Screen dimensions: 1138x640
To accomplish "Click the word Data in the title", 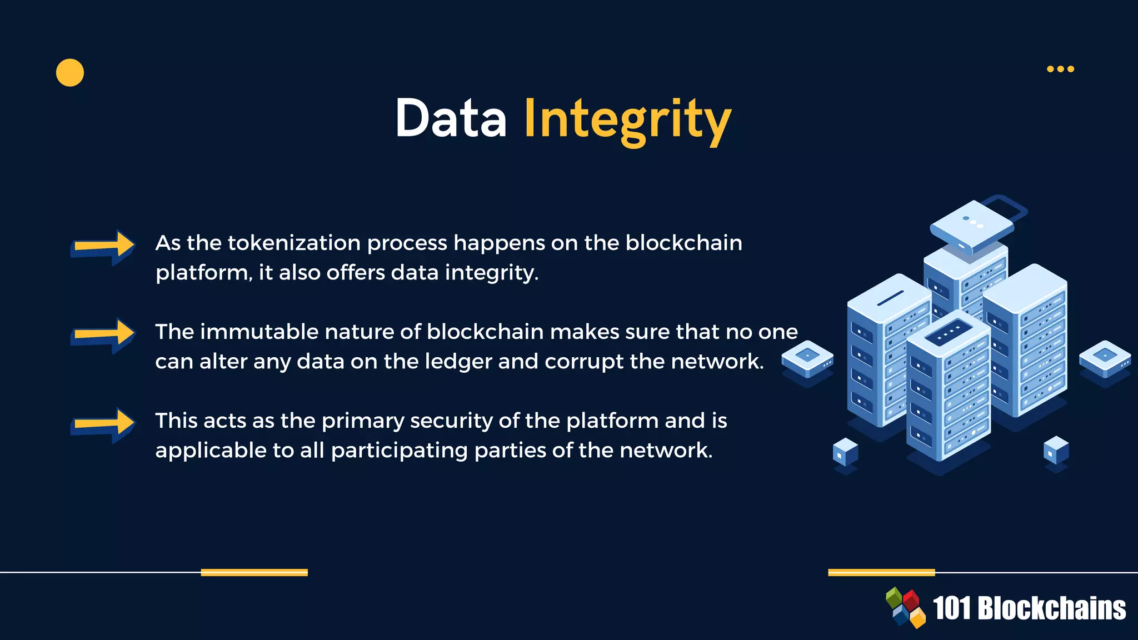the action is click(x=451, y=118).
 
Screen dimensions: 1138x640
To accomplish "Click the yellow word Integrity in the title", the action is click(x=627, y=119).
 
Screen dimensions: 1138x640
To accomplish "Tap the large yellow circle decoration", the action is click(x=70, y=73).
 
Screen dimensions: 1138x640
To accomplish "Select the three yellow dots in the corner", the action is click(x=1060, y=69).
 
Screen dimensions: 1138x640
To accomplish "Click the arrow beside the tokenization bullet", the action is click(x=103, y=247).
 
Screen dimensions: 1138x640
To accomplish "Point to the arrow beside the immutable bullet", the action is click(x=103, y=334).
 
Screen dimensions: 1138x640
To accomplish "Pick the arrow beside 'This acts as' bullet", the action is click(x=103, y=425).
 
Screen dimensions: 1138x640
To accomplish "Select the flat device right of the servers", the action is click(x=1105, y=358).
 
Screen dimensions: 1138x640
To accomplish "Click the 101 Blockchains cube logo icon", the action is click(x=906, y=608).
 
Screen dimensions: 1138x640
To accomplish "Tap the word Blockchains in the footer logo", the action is click(x=1051, y=608).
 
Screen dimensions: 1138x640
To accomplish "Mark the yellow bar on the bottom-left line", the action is click(x=254, y=572).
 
